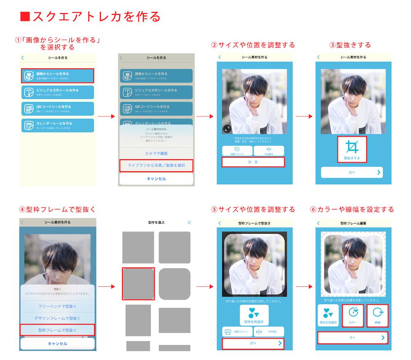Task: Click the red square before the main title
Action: click(25, 16)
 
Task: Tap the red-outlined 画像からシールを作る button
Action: click(58, 75)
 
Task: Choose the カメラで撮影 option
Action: click(156, 153)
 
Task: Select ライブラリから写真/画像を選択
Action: click(156, 165)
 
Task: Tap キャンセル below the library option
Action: click(156, 179)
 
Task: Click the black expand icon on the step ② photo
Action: click(227, 129)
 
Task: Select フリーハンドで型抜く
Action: click(58, 306)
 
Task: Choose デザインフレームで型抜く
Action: click(58, 318)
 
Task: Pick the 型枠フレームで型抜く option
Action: click(58, 330)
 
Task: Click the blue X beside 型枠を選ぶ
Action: click(189, 223)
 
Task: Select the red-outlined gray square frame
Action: click(139, 283)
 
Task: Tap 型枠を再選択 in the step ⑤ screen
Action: click(254, 315)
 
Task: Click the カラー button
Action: click(353, 315)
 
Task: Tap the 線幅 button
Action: click(377, 315)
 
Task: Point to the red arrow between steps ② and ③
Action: click(304, 116)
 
